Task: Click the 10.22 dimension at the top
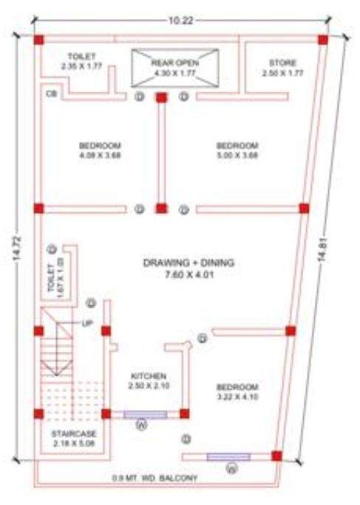click(180, 21)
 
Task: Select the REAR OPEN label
click(175, 68)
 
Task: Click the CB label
click(50, 95)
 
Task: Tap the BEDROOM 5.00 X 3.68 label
click(237, 149)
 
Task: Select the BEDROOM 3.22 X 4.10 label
click(237, 392)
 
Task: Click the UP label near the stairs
click(86, 324)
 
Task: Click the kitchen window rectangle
click(145, 414)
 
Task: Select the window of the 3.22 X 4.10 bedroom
click(228, 456)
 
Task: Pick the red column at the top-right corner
click(323, 39)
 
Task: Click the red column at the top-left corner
click(38, 39)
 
